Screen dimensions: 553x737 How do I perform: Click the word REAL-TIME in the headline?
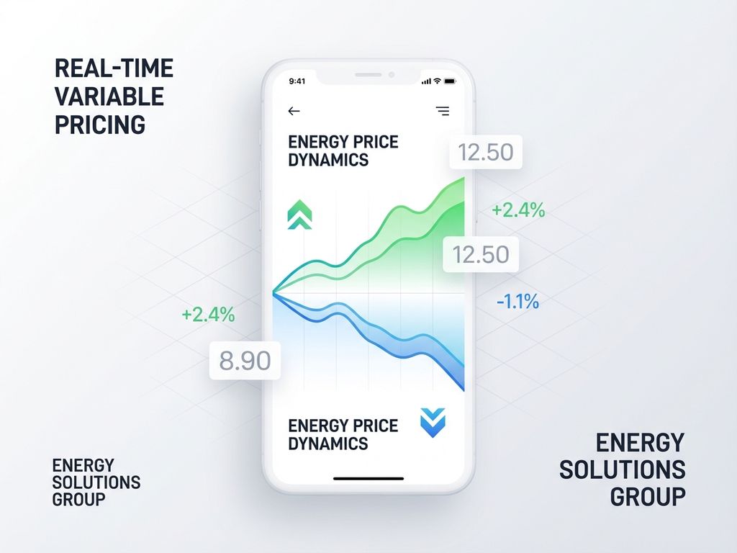coord(114,68)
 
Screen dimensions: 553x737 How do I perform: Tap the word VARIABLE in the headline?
coord(109,96)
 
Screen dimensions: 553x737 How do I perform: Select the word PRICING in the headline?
coord(100,124)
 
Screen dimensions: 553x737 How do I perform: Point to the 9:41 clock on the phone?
coord(297,81)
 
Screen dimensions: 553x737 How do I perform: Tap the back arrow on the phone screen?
coord(294,111)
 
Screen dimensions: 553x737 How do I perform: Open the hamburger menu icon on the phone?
coord(443,111)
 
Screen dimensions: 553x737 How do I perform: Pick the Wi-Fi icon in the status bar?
coord(438,81)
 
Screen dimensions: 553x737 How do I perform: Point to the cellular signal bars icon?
coord(426,81)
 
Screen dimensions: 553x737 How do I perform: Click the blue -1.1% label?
coord(517,302)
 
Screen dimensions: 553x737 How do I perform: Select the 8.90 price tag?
coord(245,361)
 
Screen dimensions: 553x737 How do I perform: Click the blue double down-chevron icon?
coord(433,423)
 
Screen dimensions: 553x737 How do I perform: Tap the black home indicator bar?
coord(368,478)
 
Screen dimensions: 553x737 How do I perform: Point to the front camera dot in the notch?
coord(392,73)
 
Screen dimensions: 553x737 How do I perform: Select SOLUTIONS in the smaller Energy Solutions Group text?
coord(96,482)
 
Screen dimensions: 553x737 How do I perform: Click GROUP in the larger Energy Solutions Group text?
coord(647,496)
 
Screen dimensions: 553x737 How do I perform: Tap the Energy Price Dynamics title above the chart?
coord(343,150)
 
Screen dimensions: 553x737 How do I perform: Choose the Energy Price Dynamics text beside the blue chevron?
coord(343,434)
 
